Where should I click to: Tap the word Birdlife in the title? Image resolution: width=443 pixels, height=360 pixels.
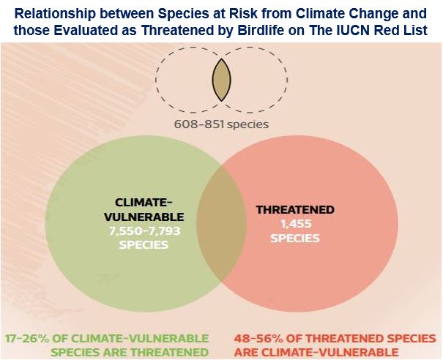(x=261, y=30)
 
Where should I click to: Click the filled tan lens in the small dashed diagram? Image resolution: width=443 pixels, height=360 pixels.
(x=222, y=80)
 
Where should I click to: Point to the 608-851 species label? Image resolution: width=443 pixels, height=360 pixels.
(x=221, y=124)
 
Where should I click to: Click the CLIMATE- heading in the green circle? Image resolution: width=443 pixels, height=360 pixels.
(x=144, y=202)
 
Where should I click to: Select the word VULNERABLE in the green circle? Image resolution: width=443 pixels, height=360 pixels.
(x=144, y=217)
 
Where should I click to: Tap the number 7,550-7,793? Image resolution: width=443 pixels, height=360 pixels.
(x=144, y=231)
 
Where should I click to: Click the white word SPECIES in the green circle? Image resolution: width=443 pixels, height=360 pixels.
(x=144, y=245)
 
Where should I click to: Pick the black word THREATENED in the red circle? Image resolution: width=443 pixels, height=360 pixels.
(x=295, y=210)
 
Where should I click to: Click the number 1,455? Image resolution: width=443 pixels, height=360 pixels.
(x=296, y=224)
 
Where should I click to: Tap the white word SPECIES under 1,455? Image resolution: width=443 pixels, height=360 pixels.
(x=295, y=239)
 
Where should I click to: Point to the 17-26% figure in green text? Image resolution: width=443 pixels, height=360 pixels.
(x=28, y=338)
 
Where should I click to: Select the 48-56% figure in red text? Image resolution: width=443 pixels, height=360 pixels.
(x=257, y=338)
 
